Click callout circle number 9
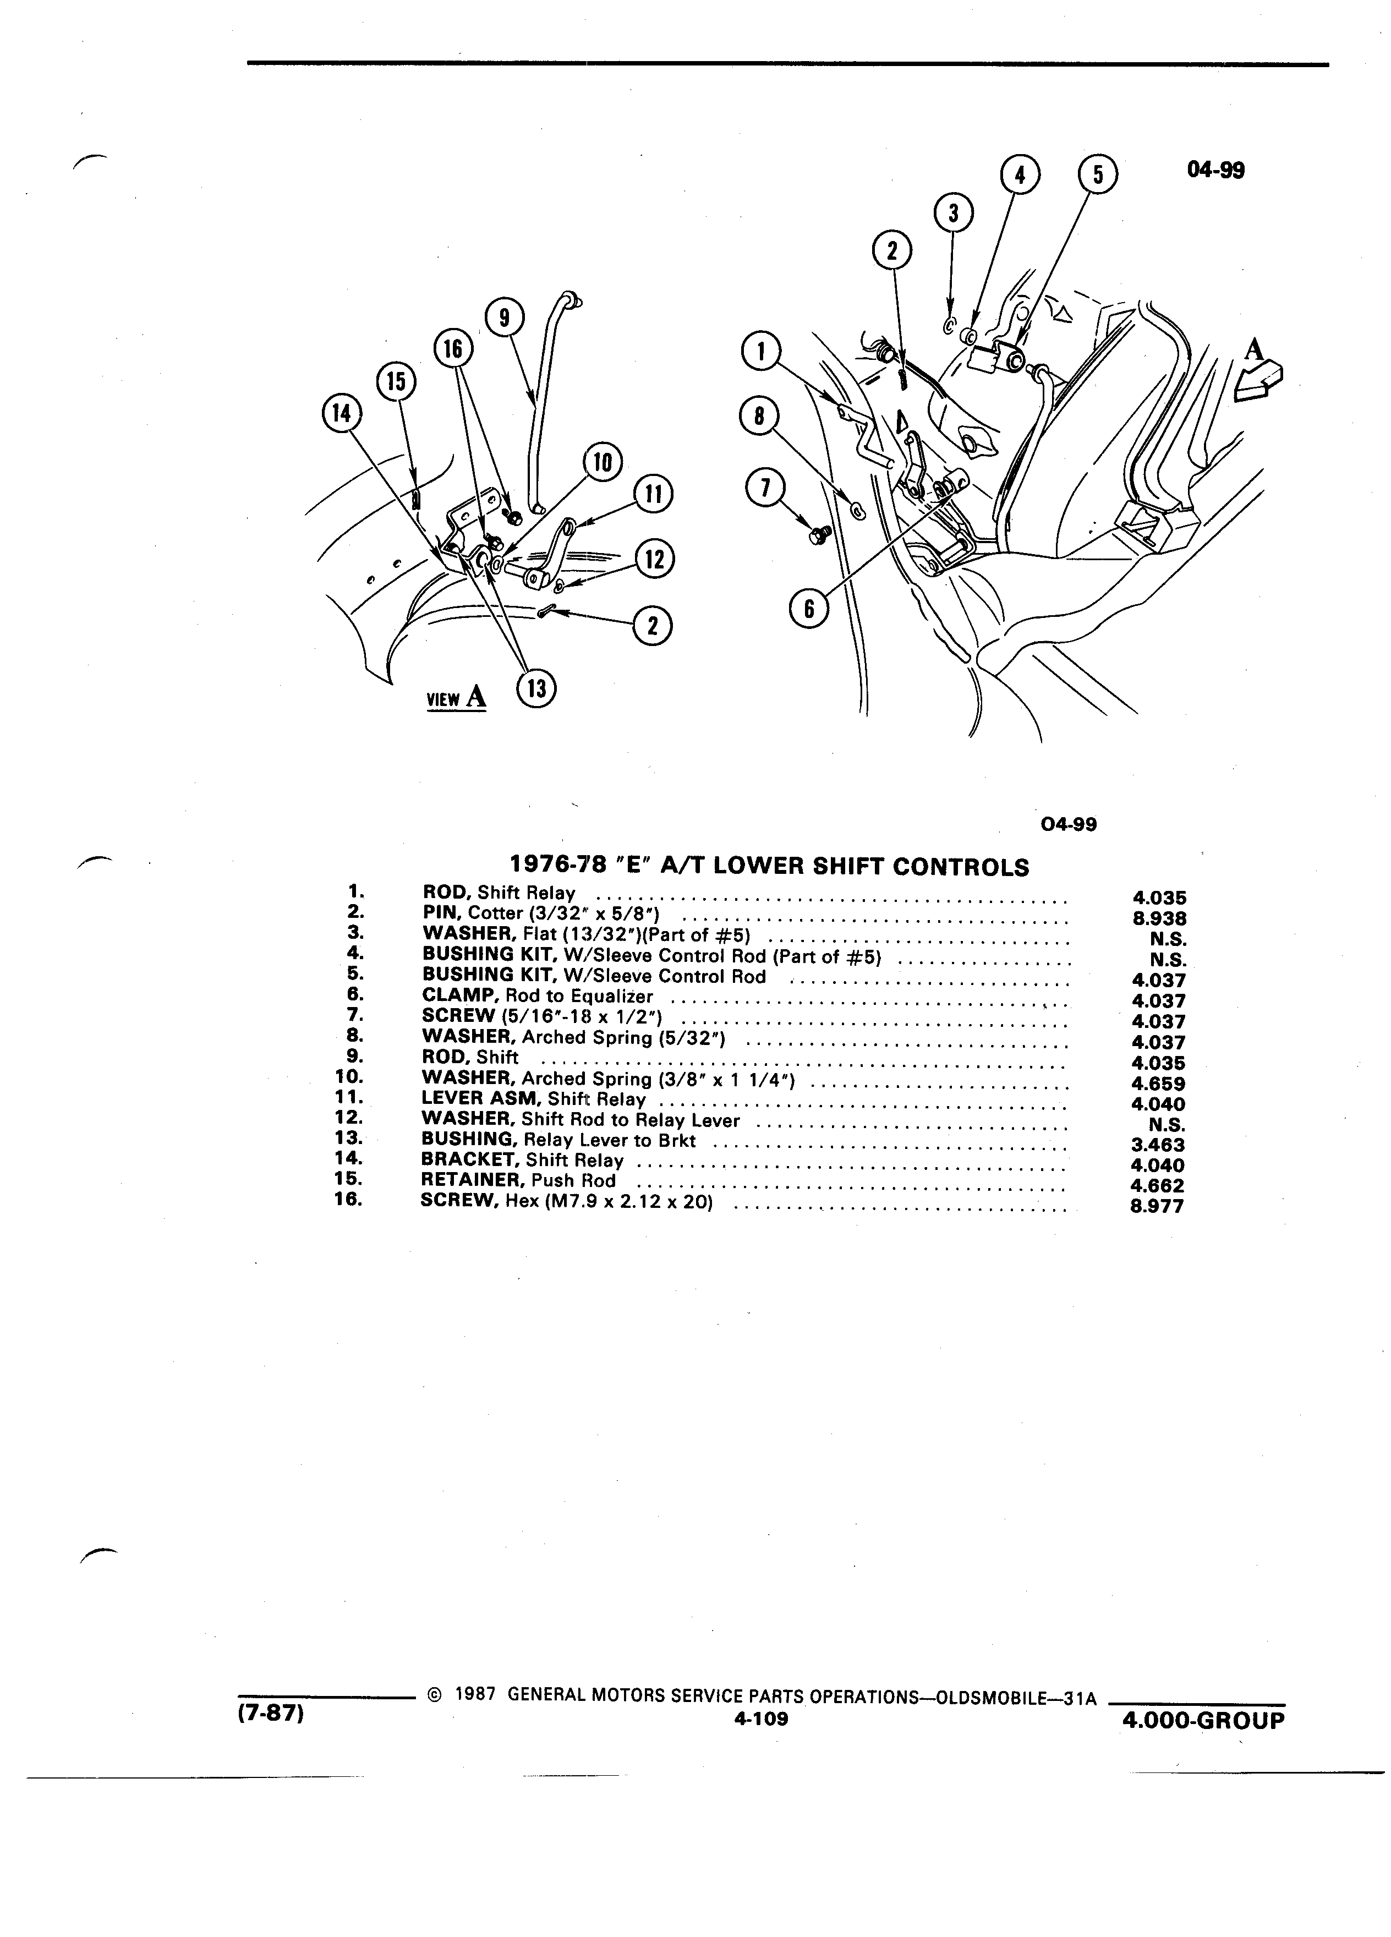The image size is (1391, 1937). pyautogui.click(x=505, y=318)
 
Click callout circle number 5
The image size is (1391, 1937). pyautogui.click(x=1098, y=175)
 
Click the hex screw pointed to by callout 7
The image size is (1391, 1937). pyautogui.click(x=814, y=537)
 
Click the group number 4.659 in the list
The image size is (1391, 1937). pyautogui.click(x=1158, y=1084)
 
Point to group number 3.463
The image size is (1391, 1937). pyautogui.click(x=1158, y=1145)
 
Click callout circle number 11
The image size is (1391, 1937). pyautogui.click(x=653, y=495)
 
